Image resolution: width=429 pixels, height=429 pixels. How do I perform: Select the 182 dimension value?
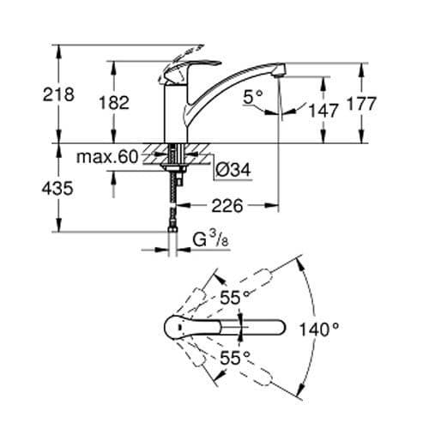113,102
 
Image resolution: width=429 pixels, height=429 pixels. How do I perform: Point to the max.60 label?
106,157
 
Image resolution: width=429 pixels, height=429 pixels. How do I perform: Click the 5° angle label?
253,100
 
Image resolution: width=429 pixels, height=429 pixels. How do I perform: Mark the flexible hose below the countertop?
177,206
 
